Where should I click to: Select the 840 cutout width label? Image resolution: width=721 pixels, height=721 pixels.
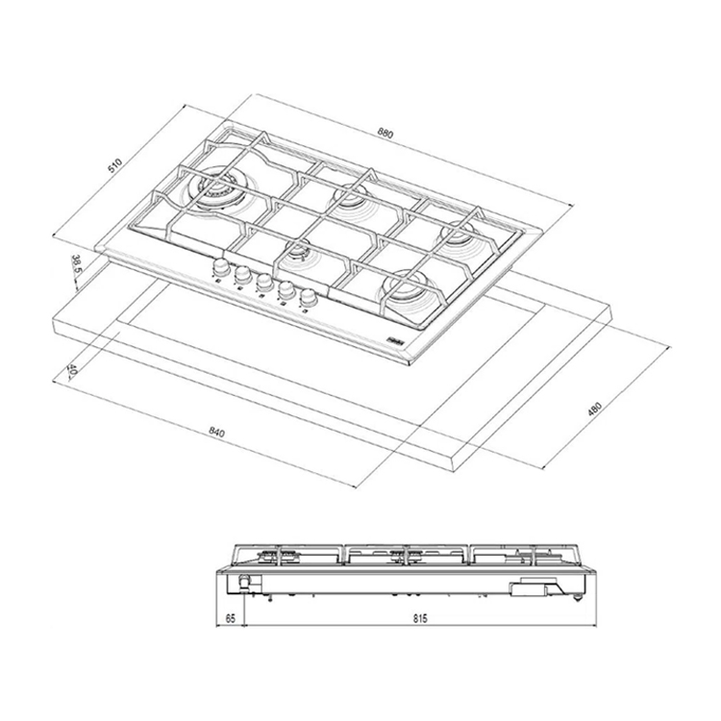(216, 434)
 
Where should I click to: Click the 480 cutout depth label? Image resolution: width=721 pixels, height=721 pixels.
(595, 408)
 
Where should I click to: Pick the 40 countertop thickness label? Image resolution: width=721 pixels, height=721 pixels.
(72, 370)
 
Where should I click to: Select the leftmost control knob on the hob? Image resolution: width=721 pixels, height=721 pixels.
(220, 264)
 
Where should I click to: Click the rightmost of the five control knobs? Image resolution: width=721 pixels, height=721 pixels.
(308, 298)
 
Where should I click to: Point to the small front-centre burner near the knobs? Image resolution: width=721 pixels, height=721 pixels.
(299, 253)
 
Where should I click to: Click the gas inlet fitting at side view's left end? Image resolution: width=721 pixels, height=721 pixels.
(246, 582)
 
